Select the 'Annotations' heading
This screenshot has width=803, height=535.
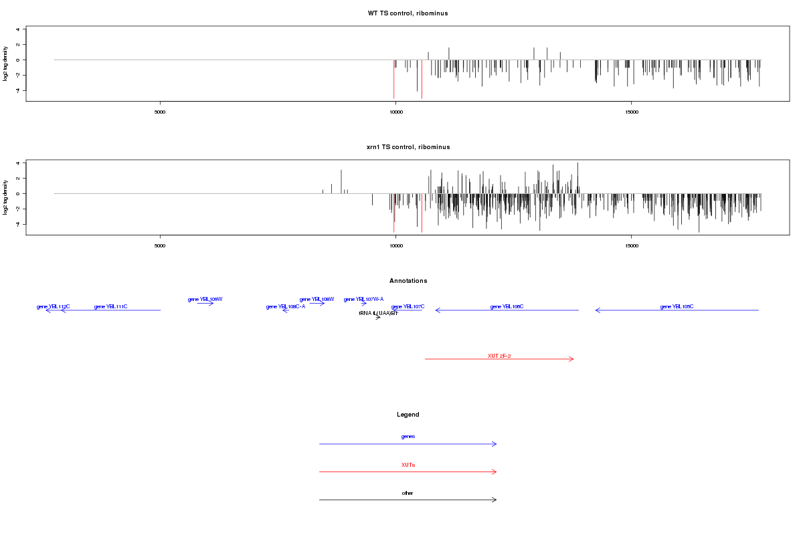tap(408, 281)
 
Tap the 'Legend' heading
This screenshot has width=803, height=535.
tap(408, 415)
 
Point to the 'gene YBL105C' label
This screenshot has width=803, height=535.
tap(677, 306)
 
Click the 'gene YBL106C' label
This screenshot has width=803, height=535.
tap(507, 306)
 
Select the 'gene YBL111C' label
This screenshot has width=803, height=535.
tap(110, 306)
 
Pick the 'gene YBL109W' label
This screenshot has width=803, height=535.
tap(205, 299)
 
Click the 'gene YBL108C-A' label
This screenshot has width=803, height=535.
tap(286, 306)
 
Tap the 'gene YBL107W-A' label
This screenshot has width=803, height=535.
tap(363, 299)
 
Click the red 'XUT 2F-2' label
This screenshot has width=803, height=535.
tap(499, 356)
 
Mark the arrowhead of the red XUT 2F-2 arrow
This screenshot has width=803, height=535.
tap(572, 359)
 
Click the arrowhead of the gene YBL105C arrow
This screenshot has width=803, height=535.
tap(597, 310)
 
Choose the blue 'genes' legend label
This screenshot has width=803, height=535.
tap(408, 437)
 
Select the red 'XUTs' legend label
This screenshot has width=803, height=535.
tap(408, 465)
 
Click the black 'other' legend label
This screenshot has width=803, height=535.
tap(408, 493)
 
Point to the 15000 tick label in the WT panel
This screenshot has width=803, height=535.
tap(632, 112)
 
